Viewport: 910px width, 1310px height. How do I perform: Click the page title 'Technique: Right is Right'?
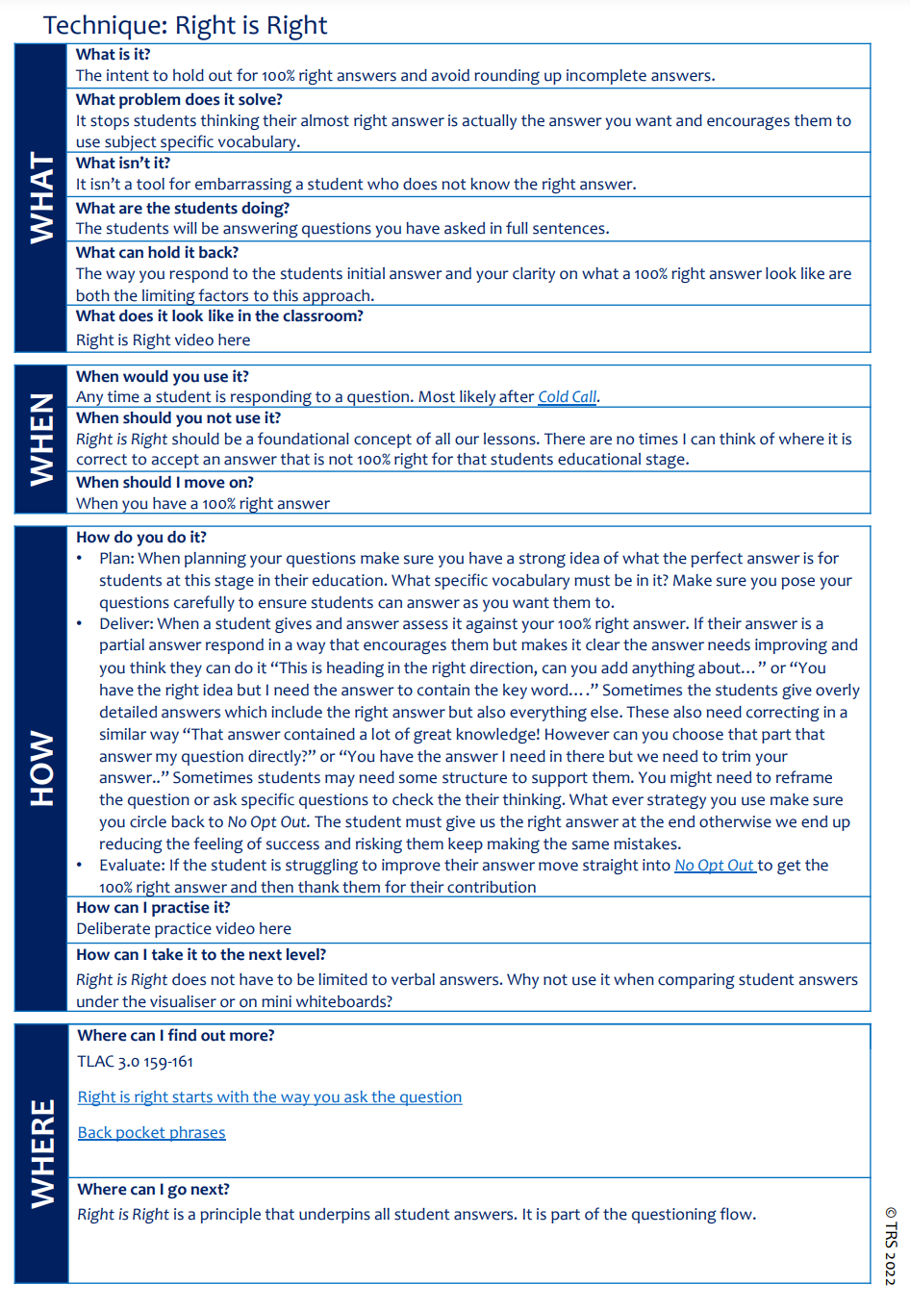185,26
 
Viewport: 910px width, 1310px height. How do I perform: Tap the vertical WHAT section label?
42,197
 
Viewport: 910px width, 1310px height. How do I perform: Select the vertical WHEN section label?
42,439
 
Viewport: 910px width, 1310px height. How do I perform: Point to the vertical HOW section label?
42,768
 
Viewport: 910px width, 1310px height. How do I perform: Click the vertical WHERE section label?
42,1153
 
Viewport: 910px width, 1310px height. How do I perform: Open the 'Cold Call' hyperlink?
568,397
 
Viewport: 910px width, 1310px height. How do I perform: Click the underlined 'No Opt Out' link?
714,866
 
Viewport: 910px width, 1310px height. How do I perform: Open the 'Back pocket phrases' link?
151,1133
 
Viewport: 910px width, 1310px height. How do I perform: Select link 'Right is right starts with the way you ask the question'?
269,1097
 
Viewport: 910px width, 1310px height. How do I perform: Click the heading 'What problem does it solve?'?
179,100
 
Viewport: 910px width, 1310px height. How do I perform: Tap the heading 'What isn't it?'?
123,164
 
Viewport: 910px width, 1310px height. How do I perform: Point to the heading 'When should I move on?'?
164,483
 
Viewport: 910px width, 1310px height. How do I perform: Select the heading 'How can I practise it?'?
153,908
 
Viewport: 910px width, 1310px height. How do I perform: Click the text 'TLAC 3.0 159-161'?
136,1062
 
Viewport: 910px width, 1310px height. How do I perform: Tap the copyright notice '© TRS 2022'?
891,1245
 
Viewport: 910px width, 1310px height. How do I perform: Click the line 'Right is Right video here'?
163,340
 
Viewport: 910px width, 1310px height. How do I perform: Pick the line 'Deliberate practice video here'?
184,929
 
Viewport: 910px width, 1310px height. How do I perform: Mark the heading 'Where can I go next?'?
153,1190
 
